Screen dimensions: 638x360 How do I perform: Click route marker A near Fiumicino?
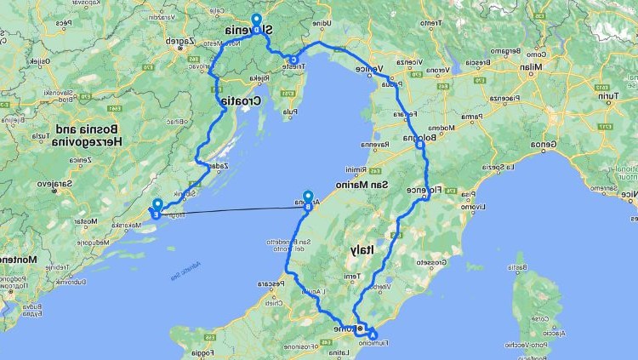pos(373,334)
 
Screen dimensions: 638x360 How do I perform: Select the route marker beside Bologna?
pos(419,145)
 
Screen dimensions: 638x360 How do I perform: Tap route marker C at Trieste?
pos(294,60)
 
